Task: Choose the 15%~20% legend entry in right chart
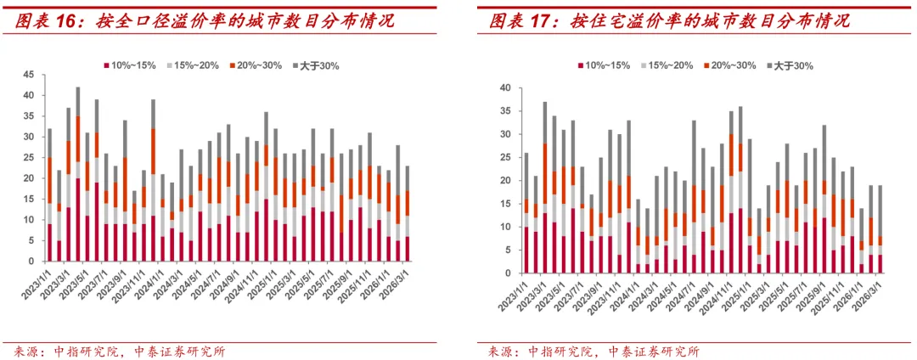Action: click(x=667, y=65)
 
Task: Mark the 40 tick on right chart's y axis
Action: click(x=504, y=87)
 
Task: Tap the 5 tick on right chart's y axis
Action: click(x=506, y=250)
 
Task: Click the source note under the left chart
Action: click(x=120, y=351)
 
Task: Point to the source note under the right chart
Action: click(x=594, y=351)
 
